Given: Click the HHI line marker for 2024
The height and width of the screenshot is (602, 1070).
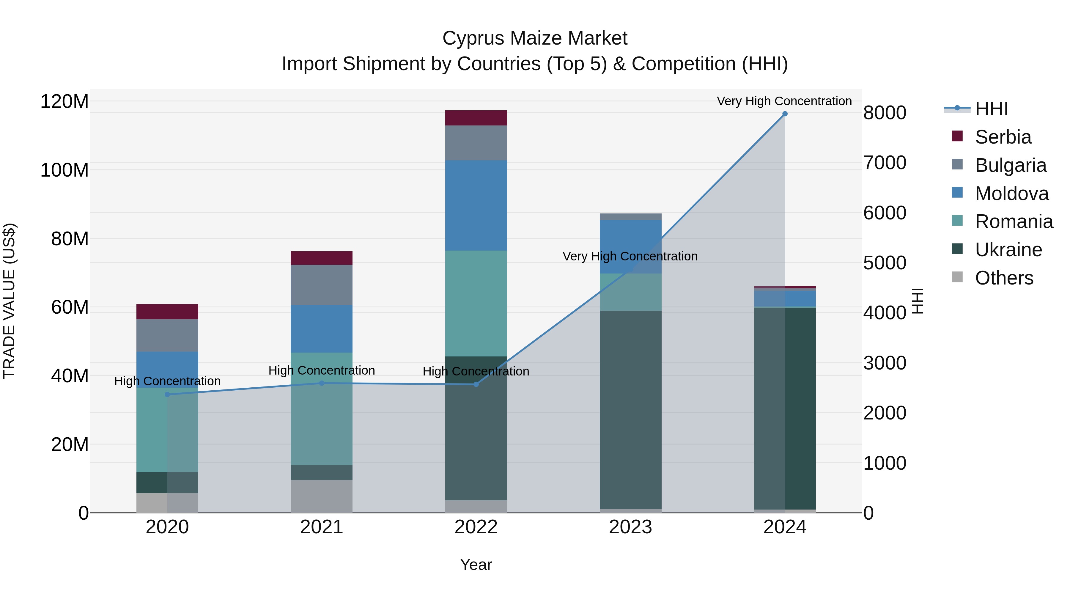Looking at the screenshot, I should pyautogui.click(x=785, y=114).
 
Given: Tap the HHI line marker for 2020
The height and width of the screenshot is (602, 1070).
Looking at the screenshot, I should pyautogui.click(x=167, y=394).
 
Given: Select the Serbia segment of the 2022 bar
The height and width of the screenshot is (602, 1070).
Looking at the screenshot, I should pyautogui.click(x=476, y=118).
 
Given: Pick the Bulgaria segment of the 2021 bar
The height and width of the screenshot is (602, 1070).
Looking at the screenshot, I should pyautogui.click(x=322, y=285).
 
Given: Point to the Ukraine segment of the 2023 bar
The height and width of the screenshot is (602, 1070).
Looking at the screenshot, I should pyautogui.click(x=630, y=409).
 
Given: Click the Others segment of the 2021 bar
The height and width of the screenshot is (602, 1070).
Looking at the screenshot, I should pyautogui.click(x=322, y=496).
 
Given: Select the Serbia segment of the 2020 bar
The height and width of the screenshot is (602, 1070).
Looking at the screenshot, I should pyautogui.click(x=167, y=312).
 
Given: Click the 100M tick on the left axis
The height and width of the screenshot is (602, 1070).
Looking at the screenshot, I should pyautogui.click(x=64, y=170).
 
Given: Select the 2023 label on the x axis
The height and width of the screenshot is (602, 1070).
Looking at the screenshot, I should pyautogui.click(x=630, y=527).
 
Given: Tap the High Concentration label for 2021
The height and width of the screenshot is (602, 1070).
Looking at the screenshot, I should pyautogui.click(x=322, y=370).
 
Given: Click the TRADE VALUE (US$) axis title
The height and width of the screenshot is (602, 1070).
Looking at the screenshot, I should pyautogui.click(x=9, y=301).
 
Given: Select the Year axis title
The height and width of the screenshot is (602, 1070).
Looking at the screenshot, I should pyautogui.click(x=476, y=565).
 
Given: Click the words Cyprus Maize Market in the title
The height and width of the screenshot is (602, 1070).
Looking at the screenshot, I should pyautogui.click(x=535, y=38).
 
